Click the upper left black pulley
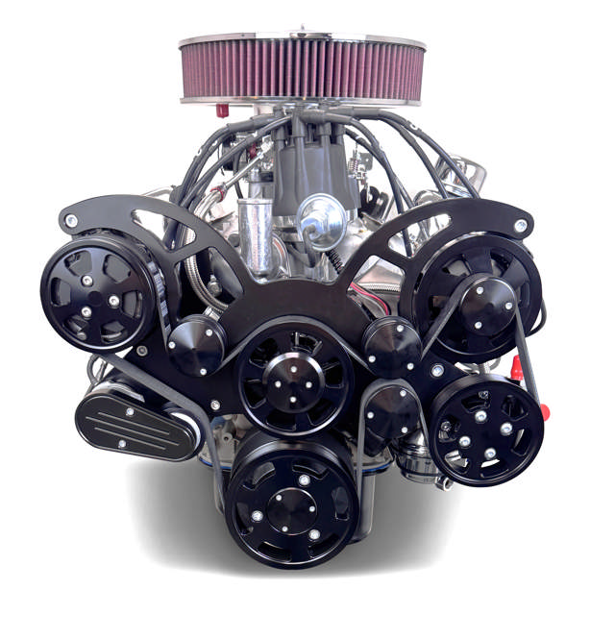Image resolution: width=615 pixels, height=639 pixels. pos(98,291)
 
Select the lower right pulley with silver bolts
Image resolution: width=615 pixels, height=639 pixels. pos(485,429)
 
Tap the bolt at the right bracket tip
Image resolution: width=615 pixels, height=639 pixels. pos(520,225)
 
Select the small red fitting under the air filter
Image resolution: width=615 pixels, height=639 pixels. pos(222,111)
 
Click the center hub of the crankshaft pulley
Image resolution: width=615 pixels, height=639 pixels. pos(290,502)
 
